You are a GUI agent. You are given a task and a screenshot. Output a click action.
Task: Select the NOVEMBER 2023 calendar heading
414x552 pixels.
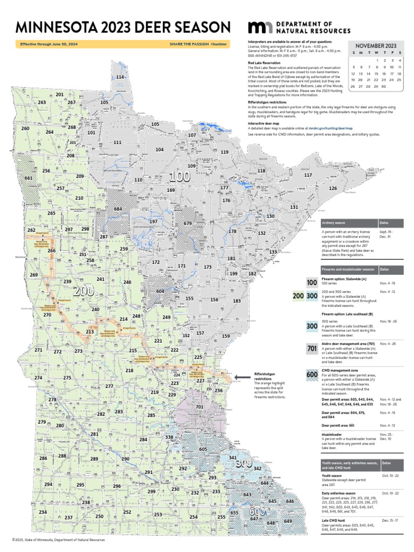point(376,46)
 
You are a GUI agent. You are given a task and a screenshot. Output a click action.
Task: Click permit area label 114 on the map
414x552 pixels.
point(120,78)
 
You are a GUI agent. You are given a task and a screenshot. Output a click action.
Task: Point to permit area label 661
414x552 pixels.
point(29,178)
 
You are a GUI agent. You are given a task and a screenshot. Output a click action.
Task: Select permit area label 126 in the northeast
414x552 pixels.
point(333,188)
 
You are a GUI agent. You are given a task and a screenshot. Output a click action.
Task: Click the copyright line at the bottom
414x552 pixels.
point(55,540)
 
